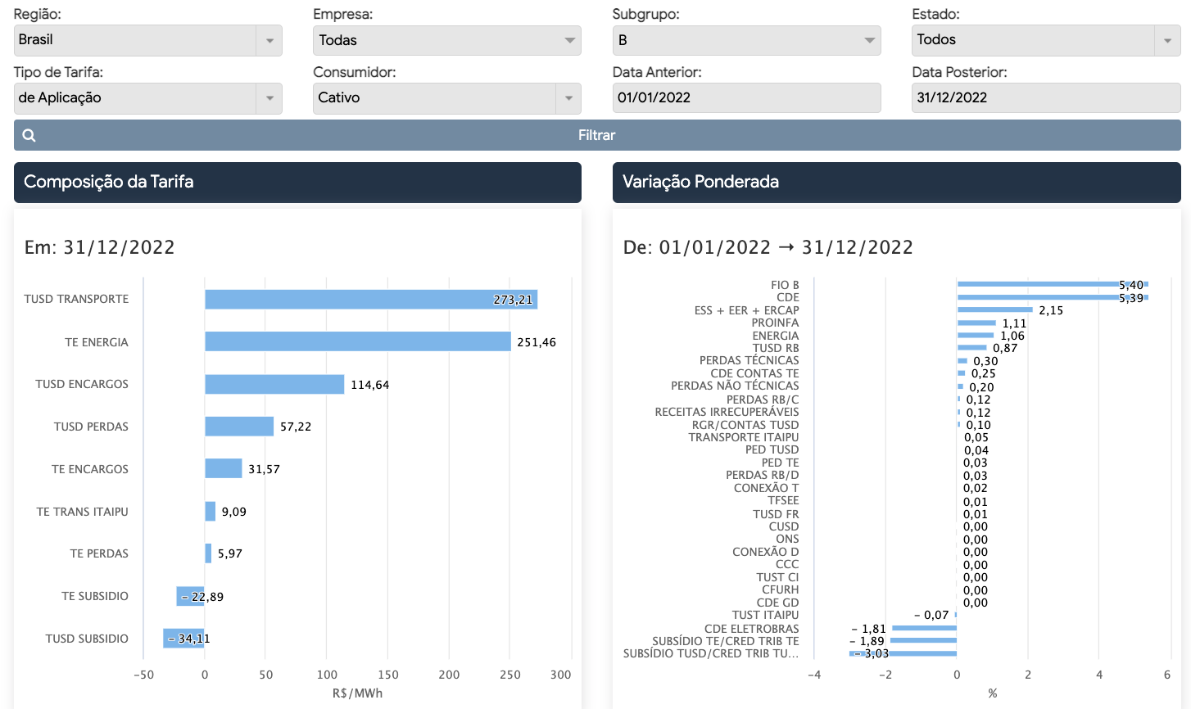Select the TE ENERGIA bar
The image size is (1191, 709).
(357, 341)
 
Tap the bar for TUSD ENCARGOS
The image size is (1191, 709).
(274, 384)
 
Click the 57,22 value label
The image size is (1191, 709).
(296, 427)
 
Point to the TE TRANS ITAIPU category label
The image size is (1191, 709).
(82, 512)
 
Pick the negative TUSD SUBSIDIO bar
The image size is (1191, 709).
(183, 639)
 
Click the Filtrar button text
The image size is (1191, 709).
(596, 135)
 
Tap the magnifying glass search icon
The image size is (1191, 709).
(29, 136)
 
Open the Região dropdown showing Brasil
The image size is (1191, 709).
(147, 40)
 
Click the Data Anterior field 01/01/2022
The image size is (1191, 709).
(746, 97)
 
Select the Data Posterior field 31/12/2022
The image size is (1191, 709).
(1045, 97)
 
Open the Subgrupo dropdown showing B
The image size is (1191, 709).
(746, 40)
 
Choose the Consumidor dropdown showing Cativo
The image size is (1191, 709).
(446, 98)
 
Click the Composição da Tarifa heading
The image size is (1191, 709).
(109, 182)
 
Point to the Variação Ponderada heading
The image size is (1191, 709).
(700, 182)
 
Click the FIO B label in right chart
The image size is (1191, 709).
(785, 285)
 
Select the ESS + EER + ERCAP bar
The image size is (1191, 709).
(994, 309)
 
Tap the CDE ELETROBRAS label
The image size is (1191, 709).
(751, 629)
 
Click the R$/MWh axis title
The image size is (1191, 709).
(357, 693)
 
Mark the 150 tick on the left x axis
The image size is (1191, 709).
(388, 675)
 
